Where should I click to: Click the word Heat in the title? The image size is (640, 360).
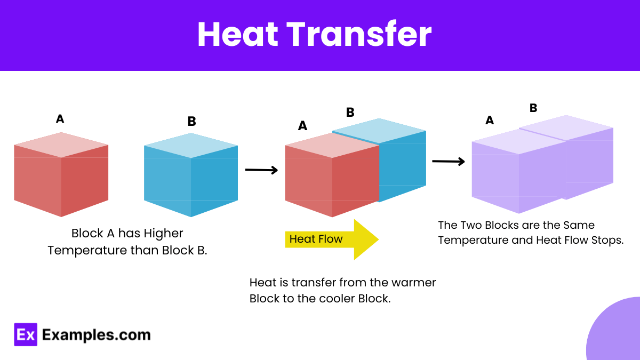tap(237, 35)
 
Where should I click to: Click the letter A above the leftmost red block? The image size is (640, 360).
tap(60, 119)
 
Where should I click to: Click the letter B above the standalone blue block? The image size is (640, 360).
tap(191, 122)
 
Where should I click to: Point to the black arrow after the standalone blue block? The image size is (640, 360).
tap(261, 170)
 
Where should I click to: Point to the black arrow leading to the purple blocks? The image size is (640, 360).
tap(448, 161)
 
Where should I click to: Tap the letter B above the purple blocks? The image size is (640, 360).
tap(533, 108)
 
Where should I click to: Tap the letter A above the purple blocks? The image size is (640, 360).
tap(489, 121)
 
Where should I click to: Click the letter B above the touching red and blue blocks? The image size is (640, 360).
tap(350, 112)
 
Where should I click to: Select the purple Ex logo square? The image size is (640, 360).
tap(26, 334)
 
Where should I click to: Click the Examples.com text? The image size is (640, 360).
tap(96, 335)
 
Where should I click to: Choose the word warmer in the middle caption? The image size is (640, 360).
tap(415, 282)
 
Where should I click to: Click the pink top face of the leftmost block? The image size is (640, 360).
tap(61, 145)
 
